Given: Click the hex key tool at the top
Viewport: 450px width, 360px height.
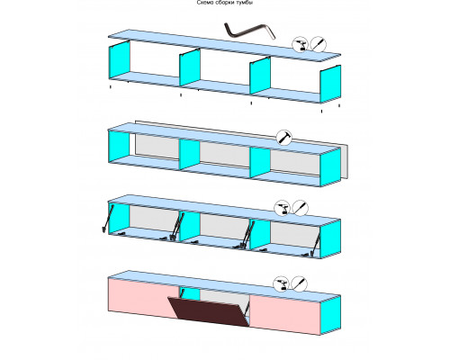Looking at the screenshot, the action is click(x=249, y=31).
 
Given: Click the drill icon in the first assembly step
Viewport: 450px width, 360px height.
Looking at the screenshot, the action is click(x=301, y=45).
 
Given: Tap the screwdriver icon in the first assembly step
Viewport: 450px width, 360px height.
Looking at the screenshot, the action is click(x=318, y=44).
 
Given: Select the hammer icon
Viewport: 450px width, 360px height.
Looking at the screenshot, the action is click(x=283, y=138).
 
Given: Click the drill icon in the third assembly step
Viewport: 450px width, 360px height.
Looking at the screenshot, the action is click(x=283, y=208).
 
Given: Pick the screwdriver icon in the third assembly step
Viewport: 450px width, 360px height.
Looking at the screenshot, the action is click(x=300, y=207).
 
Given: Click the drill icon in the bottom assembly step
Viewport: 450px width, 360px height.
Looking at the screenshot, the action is click(x=281, y=283).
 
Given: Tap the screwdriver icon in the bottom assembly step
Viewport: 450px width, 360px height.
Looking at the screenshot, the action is click(x=299, y=283).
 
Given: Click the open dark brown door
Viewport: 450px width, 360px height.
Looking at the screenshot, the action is click(x=209, y=311).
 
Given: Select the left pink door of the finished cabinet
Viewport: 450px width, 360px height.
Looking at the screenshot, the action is click(x=141, y=298).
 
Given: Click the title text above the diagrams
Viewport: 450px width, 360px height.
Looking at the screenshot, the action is click(x=225, y=3).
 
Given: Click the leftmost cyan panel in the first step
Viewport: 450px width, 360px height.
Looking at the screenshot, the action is click(x=119, y=60).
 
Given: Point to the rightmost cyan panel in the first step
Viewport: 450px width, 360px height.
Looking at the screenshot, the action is click(x=330, y=84).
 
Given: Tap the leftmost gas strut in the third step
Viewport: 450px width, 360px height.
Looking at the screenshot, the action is click(x=107, y=218).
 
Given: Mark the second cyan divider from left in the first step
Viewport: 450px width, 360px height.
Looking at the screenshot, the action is click(x=190, y=67).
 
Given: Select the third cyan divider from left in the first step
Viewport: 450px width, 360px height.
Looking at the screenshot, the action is click(x=260, y=76).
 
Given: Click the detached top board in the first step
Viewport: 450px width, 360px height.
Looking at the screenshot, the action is click(x=224, y=45).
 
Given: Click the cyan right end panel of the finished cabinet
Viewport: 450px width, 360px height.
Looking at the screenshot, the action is click(x=330, y=315).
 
